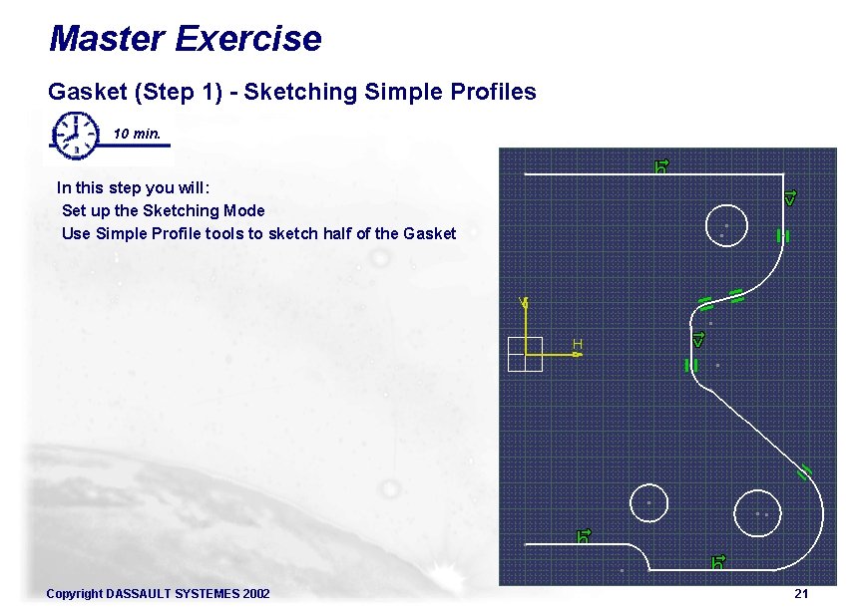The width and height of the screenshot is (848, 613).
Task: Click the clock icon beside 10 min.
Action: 76,135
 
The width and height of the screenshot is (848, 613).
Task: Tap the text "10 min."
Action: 137,134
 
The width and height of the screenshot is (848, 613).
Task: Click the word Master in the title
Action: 106,39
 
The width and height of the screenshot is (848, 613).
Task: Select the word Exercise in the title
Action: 247,39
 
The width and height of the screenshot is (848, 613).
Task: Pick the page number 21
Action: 800,594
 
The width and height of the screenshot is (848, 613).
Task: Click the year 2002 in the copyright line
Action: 255,594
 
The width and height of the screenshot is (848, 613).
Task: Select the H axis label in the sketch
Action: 577,345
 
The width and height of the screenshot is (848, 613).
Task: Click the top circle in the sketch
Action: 725,224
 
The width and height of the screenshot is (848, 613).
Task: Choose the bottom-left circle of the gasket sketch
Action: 648,501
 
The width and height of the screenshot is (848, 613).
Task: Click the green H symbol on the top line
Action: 660,165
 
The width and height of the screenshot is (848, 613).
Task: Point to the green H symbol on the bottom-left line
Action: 584,536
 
